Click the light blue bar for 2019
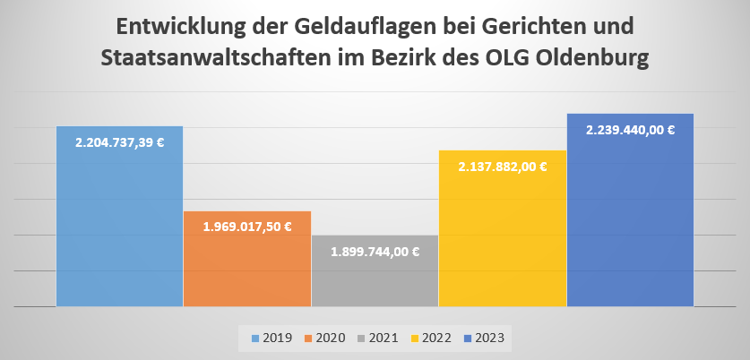tap(119, 224)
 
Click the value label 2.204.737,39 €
tap(120, 142)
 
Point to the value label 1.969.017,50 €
tap(247, 227)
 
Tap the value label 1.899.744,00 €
tap(375, 252)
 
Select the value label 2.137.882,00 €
tap(503, 167)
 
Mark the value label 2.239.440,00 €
tap(630, 130)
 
